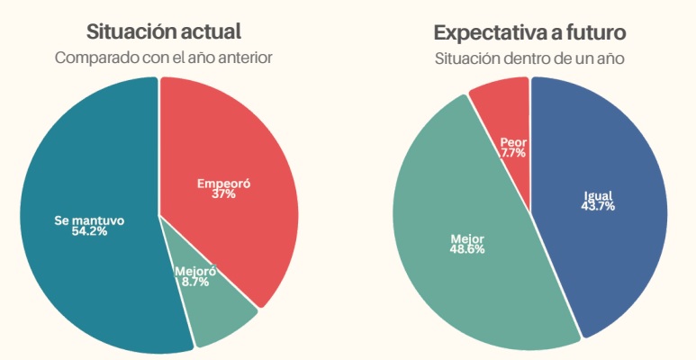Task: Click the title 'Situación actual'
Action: click(163, 31)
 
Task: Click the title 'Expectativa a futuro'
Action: click(529, 32)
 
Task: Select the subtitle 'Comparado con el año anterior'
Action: click(163, 58)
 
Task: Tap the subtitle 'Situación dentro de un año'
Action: click(529, 58)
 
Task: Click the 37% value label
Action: click(223, 194)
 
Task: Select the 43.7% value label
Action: click(598, 206)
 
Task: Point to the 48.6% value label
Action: click(466, 249)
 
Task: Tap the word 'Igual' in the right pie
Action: click(598, 194)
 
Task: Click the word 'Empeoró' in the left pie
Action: click(223, 184)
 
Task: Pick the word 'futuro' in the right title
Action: click(591, 32)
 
